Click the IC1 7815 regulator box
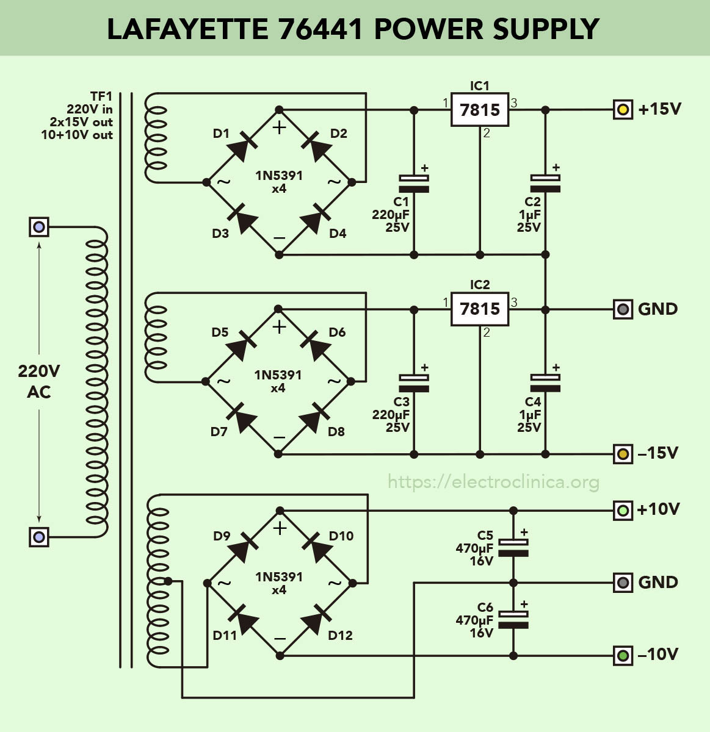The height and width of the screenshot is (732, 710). [480, 109]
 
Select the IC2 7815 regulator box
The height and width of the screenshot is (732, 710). [480, 309]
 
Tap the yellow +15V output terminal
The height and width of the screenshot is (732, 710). [623, 109]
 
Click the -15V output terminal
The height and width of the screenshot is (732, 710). [623, 454]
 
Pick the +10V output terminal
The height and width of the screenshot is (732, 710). [623, 511]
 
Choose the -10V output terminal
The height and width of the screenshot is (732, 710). [623, 656]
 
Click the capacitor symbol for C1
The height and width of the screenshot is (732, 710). [414, 184]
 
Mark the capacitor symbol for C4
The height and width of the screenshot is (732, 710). [545, 383]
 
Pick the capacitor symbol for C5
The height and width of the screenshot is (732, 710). [513, 547]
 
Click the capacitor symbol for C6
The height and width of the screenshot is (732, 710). [513, 619]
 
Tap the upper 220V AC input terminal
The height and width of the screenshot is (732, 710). [39, 227]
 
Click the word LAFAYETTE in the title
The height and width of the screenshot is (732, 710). [187, 29]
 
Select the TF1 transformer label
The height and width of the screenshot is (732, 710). [101, 96]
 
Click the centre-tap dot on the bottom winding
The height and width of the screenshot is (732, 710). [168, 581]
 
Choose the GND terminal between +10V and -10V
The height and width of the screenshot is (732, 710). [623, 583]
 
